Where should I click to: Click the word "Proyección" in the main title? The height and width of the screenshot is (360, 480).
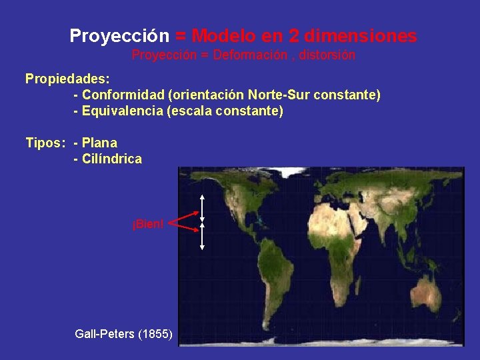(120, 35)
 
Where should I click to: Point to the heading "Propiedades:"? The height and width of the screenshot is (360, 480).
(67, 79)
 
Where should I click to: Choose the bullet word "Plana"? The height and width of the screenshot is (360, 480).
(99, 143)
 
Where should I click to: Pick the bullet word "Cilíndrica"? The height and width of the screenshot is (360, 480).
(111, 159)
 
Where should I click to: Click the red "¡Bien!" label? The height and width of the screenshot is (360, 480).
(147, 223)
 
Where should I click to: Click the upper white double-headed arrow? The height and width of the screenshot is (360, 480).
(202, 207)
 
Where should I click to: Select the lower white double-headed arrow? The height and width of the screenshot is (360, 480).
(202, 237)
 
